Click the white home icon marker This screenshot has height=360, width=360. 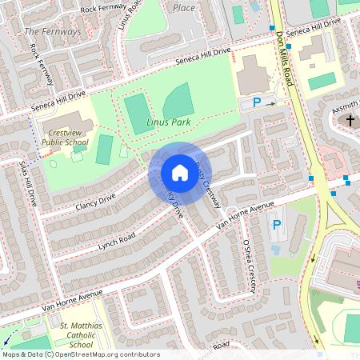point(179,173)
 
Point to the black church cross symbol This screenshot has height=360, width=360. point(350,121)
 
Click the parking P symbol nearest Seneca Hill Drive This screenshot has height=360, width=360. point(257,102)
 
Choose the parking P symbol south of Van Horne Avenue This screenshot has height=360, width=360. point(276,226)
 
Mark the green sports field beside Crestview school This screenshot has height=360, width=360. point(104,150)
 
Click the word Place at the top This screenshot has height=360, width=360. point(184,6)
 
